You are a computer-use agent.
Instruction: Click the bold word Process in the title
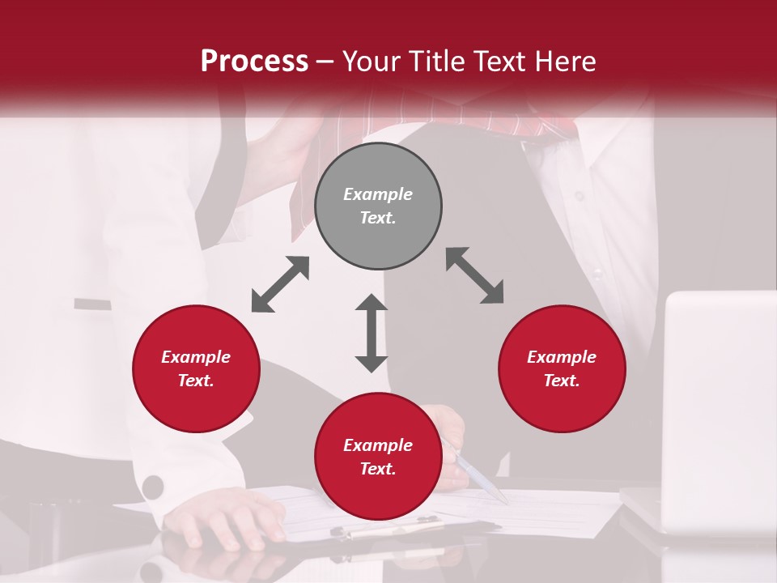(254, 62)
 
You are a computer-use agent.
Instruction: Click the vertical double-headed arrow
(372, 334)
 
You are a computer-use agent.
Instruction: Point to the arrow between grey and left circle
(280, 284)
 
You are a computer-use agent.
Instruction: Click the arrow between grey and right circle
(475, 275)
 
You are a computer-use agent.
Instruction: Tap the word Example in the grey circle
(378, 194)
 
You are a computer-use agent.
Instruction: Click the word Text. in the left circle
(196, 381)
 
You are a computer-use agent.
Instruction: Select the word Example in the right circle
(562, 357)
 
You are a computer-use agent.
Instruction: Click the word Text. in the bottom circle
(378, 469)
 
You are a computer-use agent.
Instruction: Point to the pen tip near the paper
(503, 499)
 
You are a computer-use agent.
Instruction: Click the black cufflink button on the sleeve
(152, 487)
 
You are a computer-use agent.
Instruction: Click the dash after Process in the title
(325, 62)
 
